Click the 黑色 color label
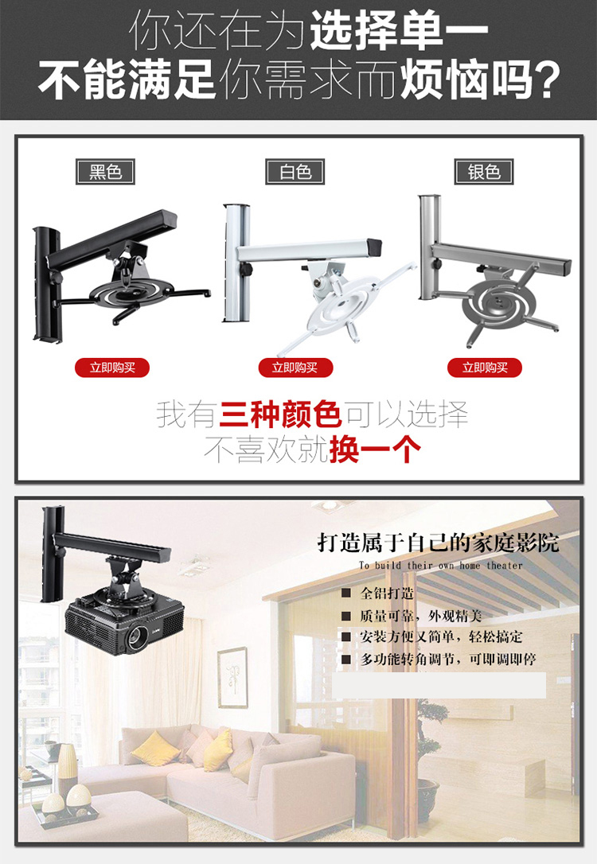pyautogui.click(x=105, y=171)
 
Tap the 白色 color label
pyautogui.click(x=295, y=171)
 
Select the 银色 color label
pyautogui.click(x=484, y=171)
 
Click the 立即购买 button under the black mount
pyautogui.click(x=112, y=367)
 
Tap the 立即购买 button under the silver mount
pyautogui.click(x=485, y=367)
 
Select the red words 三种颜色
pyautogui.click(x=281, y=414)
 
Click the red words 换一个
pyautogui.click(x=375, y=450)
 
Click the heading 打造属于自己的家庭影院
pyautogui.click(x=438, y=543)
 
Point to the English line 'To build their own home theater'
pyautogui.click(x=440, y=565)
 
